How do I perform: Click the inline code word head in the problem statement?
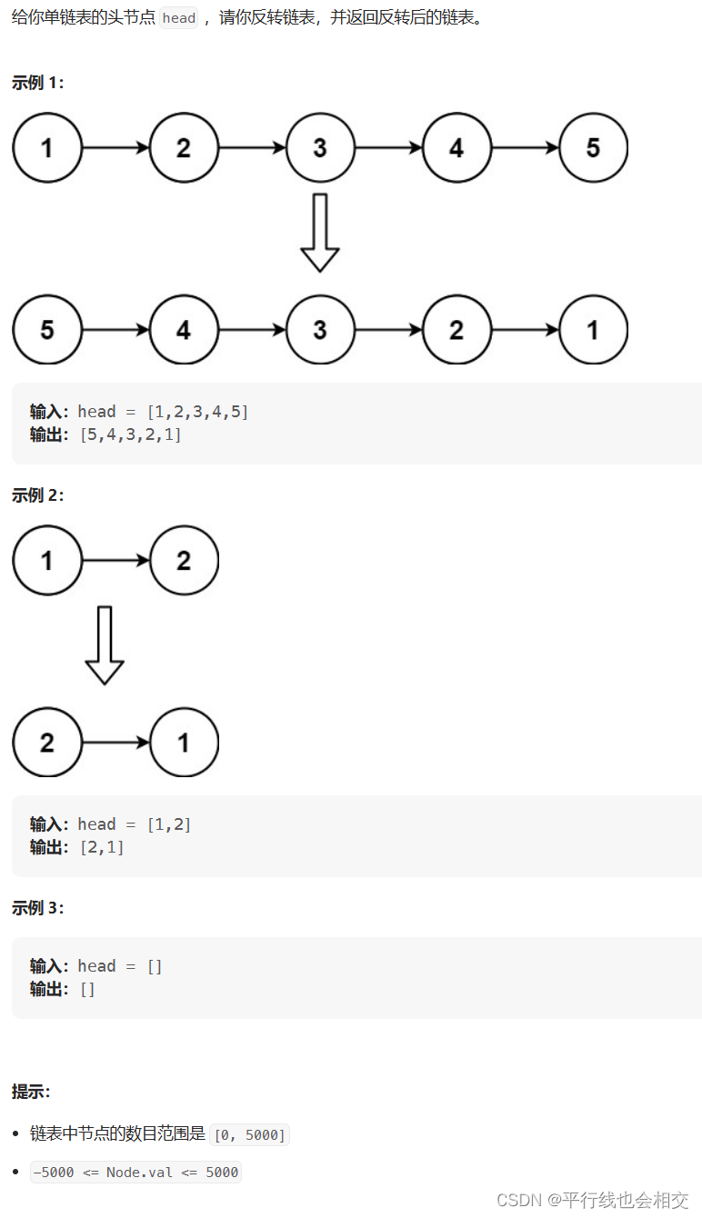pyautogui.click(x=179, y=18)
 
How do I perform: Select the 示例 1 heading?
pyautogui.click(x=38, y=83)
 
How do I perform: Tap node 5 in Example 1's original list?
pyautogui.click(x=593, y=147)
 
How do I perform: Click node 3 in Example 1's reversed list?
pyautogui.click(x=320, y=329)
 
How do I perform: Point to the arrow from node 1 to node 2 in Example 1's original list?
pyautogui.click(x=115, y=147)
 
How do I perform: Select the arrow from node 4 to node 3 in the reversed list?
pyautogui.click(x=252, y=329)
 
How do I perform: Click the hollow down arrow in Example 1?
pyautogui.click(x=320, y=232)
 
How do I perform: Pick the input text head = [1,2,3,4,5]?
pyautogui.click(x=163, y=412)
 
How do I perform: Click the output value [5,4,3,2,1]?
pyautogui.click(x=130, y=434)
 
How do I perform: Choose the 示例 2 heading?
pyautogui.click(x=38, y=495)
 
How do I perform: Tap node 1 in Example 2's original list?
pyautogui.click(x=47, y=560)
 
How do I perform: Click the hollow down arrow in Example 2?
pyautogui.click(x=105, y=644)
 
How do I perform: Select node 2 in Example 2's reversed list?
pyautogui.click(x=47, y=742)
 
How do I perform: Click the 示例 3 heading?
pyautogui.click(x=38, y=908)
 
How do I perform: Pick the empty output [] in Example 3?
pyautogui.click(x=87, y=989)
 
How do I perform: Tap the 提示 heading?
pyautogui.click(x=31, y=1092)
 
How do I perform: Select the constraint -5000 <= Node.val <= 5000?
pyautogui.click(x=135, y=1172)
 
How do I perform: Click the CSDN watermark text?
pyautogui.click(x=592, y=1200)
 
